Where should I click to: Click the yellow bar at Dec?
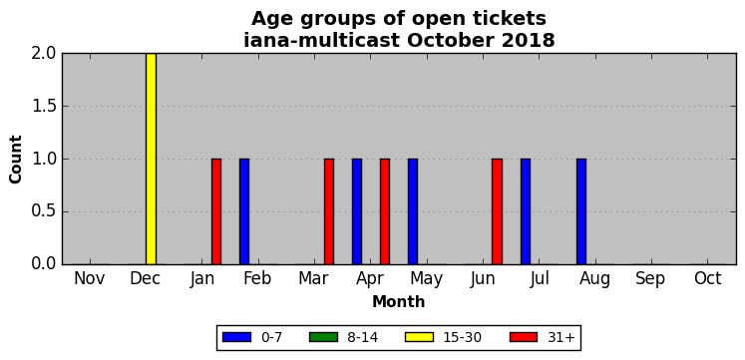pyautogui.click(x=151, y=159)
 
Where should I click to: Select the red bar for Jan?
pyautogui.click(x=216, y=211)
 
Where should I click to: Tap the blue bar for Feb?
pyautogui.click(x=244, y=211)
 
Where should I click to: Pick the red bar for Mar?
pyautogui.click(x=329, y=211)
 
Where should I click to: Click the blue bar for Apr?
pyautogui.click(x=357, y=211)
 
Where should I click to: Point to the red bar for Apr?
pyautogui.click(x=385, y=211)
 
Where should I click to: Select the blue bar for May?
pyautogui.click(x=413, y=211)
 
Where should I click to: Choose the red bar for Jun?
pyautogui.click(x=497, y=211)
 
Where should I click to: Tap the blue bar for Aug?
pyautogui.click(x=581, y=211)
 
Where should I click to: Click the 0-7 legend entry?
pyautogui.click(x=252, y=337)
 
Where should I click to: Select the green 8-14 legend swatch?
pyautogui.click(x=323, y=337)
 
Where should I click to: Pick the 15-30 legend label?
pyautogui.click(x=463, y=337)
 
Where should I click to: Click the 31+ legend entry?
pyautogui.click(x=543, y=337)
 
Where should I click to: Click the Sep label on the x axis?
pyautogui.click(x=650, y=279)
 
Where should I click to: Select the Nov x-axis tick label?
pyautogui.click(x=90, y=279)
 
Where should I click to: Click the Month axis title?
pyautogui.click(x=398, y=301)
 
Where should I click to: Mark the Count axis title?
pyautogui.click(x=16, y=160)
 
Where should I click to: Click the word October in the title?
pyautogui.click(x=444, y=40)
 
